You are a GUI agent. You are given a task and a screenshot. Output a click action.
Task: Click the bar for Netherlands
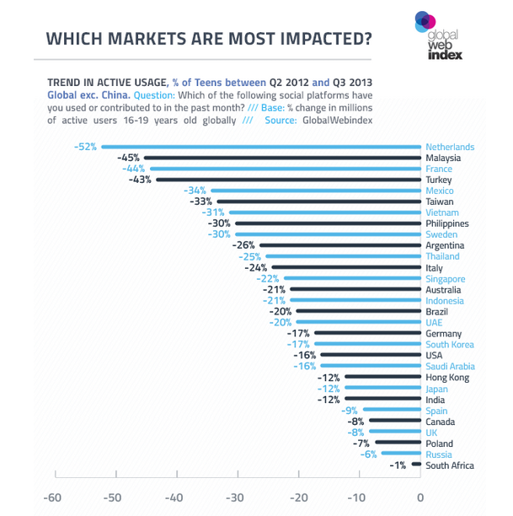pyautogui.click(x=261, y=147)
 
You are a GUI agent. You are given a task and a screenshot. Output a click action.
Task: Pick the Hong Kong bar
pyautogui.click(x=384, y=378)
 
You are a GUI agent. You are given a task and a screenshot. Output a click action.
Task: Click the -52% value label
pyautogui.click(x=85, y=147)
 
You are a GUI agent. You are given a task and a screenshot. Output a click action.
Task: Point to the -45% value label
pyautogui.click(x=129, y=158)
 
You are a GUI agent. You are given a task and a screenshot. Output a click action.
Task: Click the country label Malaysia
pyautogui.click(x=443, y=158)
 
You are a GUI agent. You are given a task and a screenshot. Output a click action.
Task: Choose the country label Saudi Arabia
pyautogui.click(x=450, y=367)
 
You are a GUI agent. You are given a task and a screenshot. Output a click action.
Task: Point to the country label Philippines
pyautogui.click(x=447, y=223)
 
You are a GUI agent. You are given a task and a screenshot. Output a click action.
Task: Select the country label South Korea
pyautogui.click(x=450, y=345)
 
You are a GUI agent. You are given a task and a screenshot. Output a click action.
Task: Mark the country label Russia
pyautogui.click(x=439, y=454)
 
